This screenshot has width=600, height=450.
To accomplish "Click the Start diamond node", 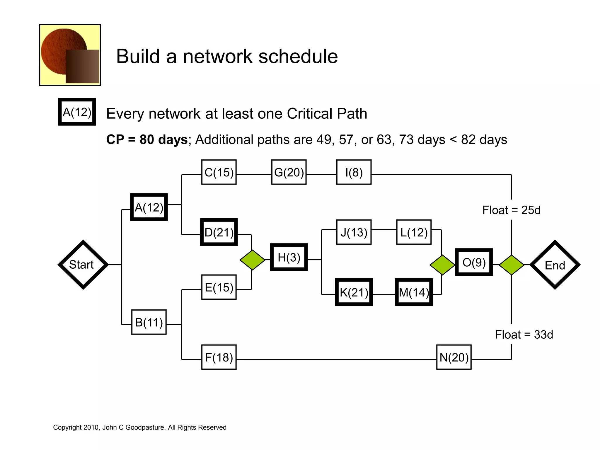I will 83,265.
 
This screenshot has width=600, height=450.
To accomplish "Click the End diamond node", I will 555,265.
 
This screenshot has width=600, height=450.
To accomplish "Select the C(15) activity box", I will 219,172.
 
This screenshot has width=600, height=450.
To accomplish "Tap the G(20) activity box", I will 289,172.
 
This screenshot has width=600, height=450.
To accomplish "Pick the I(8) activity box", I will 354,172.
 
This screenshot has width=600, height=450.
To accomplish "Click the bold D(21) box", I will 219,232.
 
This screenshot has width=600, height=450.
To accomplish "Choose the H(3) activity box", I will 289,257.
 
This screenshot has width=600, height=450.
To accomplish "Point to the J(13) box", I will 354,232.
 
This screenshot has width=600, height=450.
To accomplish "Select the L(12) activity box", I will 414,232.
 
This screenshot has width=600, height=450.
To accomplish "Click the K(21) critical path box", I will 354,292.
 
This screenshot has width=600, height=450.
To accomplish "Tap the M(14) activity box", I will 414,292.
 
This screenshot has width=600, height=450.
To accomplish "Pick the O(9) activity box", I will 474,262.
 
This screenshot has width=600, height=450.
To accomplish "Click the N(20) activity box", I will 454,357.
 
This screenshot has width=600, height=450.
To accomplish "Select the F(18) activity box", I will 219,357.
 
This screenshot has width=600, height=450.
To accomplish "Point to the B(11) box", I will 149,322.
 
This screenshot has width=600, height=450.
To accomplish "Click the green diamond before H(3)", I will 252,260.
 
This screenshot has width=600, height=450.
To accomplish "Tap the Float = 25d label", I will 511,210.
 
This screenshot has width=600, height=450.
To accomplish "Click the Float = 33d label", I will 524,335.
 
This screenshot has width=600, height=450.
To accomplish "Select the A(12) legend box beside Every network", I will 77,112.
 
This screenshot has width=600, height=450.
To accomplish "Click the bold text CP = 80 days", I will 147,139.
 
